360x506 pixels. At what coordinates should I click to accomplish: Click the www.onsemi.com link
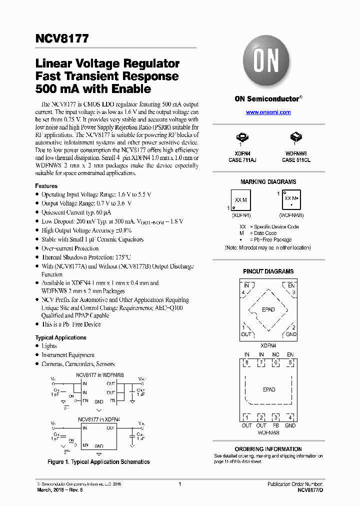pos(268,112)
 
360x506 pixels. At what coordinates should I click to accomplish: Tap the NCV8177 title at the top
pos(62,38)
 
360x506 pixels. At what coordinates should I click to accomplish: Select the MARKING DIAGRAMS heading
pos(268,182)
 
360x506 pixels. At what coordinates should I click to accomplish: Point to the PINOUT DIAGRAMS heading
pos(268,271)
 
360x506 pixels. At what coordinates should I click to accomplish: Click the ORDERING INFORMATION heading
pos(268,449)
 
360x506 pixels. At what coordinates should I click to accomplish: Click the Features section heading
pos(46,186)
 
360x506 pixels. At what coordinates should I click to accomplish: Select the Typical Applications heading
pos(60,337)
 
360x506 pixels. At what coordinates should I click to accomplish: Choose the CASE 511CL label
pos(296,160)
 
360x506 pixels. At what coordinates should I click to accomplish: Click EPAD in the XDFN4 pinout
pos(268,309)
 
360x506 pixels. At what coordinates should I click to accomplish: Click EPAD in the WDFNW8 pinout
pos(268,389)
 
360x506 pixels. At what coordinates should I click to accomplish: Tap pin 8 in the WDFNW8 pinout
pos(246,363)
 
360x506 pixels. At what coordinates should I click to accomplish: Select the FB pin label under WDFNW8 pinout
pos(275,425)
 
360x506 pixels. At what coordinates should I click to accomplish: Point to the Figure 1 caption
pos(98,462)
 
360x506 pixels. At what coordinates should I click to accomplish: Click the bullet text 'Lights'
pos(49,346)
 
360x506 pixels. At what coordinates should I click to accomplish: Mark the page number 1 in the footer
pos(179,484)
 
